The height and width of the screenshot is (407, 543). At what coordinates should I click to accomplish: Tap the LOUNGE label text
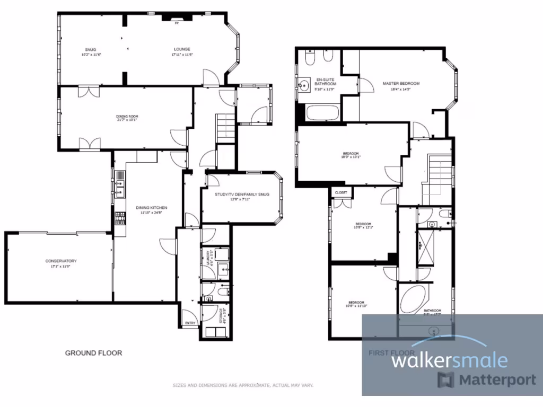[180, 49]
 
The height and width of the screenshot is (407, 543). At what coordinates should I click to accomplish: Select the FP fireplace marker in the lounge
[177, 23]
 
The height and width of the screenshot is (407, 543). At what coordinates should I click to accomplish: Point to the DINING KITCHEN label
[152, 208]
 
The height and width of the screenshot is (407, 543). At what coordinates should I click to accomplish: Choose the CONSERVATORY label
[61, 261]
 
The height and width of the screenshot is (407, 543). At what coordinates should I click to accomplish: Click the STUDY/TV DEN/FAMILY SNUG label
[242, 194]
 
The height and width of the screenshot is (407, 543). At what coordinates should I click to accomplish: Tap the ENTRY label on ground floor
[190, 323]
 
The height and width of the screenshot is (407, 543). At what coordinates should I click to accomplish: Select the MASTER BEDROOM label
[401, 84]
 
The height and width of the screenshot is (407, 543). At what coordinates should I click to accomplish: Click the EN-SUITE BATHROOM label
[325, 81]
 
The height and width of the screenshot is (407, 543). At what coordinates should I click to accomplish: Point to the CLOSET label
[341, 192]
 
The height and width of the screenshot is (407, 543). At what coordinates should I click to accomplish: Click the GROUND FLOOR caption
[93, 353]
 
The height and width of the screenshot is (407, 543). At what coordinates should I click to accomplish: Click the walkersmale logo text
[449, 361]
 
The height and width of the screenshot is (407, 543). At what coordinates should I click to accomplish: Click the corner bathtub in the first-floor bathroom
[413, 300]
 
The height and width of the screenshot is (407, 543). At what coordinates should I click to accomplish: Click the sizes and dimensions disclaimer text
[243, 385]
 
